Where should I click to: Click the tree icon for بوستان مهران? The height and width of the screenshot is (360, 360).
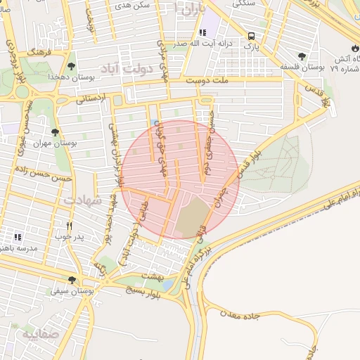(55, 131)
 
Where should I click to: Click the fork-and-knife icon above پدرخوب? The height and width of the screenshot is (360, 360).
(69, 226)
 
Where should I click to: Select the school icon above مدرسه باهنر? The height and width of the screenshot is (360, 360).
(18, 238)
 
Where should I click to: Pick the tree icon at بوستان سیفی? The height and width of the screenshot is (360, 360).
(72, 280)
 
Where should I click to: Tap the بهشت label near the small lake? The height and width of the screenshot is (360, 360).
(153, 276)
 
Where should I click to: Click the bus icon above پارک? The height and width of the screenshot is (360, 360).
(251, 37)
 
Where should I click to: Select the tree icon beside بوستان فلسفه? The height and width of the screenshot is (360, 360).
(302, 56)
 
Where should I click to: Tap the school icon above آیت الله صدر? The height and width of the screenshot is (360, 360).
(203, 32)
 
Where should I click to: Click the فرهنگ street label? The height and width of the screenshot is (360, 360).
(34, 53)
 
